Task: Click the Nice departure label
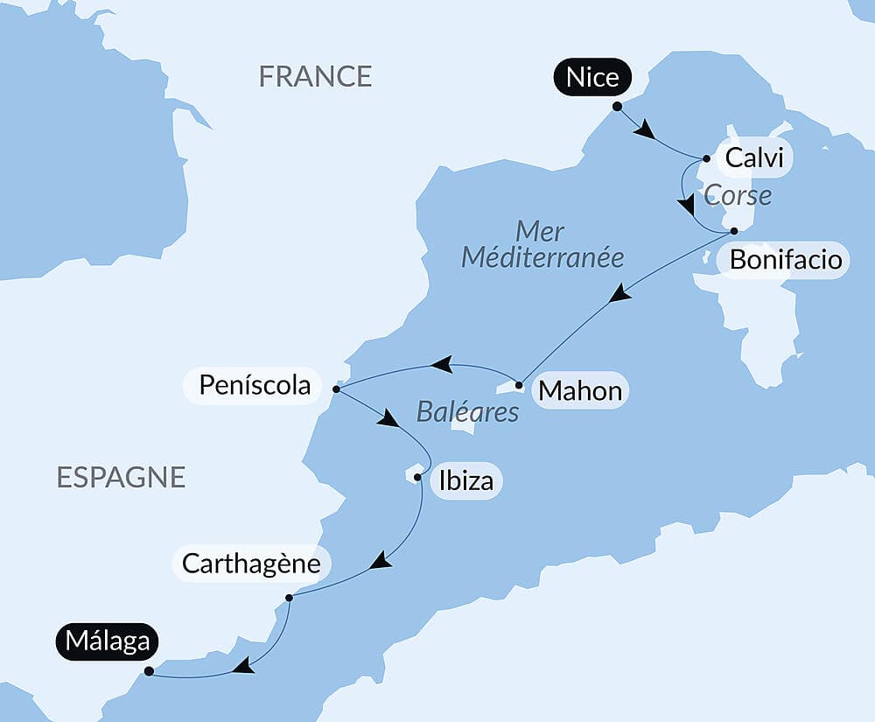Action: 592,77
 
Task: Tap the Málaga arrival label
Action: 106,641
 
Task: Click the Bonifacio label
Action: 785,260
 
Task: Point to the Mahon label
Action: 580,390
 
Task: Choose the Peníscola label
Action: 255,385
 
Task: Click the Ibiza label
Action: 467,480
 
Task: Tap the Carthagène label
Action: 251,563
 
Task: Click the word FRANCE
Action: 315,76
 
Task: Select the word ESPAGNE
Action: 121,477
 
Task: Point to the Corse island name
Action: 738,194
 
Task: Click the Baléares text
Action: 467,412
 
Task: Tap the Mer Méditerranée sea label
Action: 542,245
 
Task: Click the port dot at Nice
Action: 617,106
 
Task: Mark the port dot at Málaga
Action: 149,671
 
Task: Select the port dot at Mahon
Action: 519,385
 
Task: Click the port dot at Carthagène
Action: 289,598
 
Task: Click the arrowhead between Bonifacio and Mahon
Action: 620,293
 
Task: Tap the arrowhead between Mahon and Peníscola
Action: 442,364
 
